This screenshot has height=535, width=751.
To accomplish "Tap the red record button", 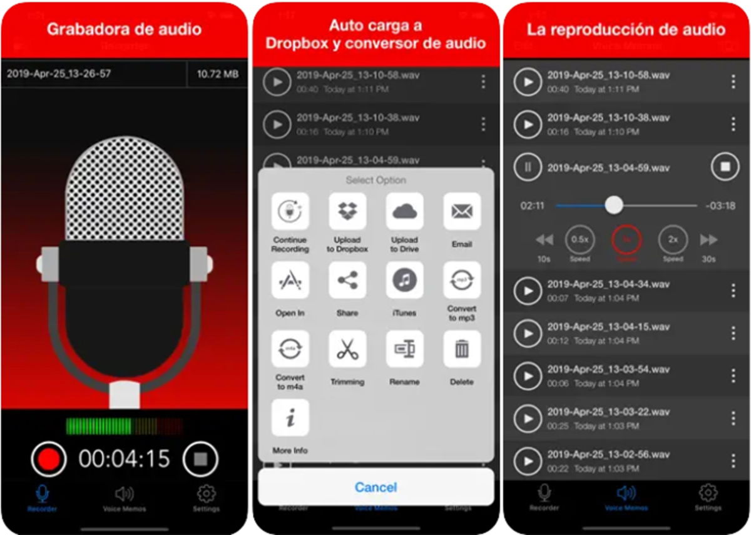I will (49, 459).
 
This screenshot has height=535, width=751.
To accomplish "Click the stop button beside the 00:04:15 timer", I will (200, 459).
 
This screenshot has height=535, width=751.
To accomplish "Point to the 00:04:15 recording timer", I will (125, 459).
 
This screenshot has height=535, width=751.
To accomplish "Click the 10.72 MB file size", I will (217, 74).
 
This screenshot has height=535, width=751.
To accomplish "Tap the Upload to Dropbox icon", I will (347, 211).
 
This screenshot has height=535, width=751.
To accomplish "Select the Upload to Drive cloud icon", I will (404, 211).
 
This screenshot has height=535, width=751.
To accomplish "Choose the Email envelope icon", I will (462, 211).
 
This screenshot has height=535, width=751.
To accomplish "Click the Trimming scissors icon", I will (347, 349).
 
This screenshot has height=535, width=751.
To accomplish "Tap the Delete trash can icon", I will (462, 349).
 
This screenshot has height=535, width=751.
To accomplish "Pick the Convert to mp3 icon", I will (462, 280).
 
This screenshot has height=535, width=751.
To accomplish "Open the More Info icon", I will (290, 417).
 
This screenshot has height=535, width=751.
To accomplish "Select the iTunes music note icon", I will (404, 280).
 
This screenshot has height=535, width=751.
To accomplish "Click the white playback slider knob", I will (614, 205).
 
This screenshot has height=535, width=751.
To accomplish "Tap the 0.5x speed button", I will (580, 239).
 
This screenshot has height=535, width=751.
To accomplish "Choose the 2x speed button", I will (673, 239).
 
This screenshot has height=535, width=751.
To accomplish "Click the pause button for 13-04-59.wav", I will (528, 167).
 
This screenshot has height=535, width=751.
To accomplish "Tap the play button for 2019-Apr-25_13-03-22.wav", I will (528, 418).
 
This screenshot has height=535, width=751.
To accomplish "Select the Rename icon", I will (404, 349).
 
